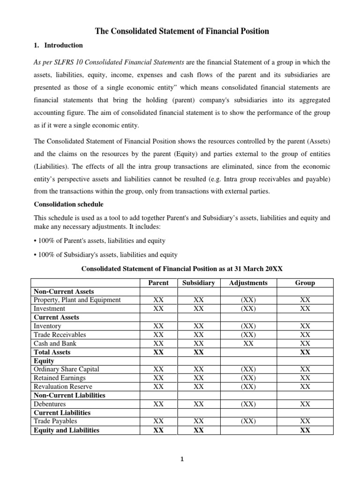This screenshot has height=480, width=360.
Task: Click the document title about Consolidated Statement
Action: [182, 31]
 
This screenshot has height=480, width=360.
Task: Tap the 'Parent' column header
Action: [158, 283]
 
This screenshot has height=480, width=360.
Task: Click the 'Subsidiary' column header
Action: [198, 283]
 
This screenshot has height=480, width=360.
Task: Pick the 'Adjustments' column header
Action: [248, 283]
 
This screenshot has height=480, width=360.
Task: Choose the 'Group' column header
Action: [305, 283]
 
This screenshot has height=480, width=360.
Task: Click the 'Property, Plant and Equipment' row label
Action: [77, 300]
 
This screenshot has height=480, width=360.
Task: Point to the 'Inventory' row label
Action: [47, 326]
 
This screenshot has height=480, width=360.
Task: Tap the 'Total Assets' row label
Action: [52, 352]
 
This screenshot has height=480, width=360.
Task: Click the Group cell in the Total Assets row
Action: [305, 352]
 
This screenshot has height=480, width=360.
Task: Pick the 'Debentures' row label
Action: [50, 404]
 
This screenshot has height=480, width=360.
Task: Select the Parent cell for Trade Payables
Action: [158, 421]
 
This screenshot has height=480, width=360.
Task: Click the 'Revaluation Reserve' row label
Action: [63, 387]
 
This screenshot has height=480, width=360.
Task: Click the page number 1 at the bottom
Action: [183, 460]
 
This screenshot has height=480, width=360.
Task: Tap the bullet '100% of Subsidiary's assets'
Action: [105, 255]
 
